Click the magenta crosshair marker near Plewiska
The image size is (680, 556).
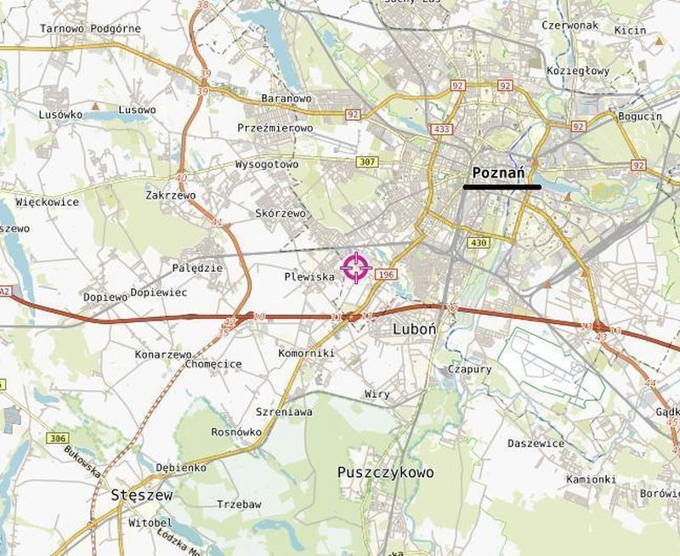356,268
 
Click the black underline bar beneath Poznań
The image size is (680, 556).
501,186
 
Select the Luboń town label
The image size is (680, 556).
415,329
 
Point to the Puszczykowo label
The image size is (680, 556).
385,473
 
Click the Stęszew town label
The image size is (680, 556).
142,495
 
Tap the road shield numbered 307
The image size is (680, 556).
367,162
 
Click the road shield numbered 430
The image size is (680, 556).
479,243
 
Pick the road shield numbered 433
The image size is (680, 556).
441,129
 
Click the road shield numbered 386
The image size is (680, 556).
57,438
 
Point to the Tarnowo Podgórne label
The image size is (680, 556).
90,29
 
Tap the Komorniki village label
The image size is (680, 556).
306,353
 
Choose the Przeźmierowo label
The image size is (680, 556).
275,128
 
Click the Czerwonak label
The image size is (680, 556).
570,26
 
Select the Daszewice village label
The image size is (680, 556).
535,444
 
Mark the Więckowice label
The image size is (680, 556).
48,202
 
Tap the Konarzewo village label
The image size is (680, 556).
163,354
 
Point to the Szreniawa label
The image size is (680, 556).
284,412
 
